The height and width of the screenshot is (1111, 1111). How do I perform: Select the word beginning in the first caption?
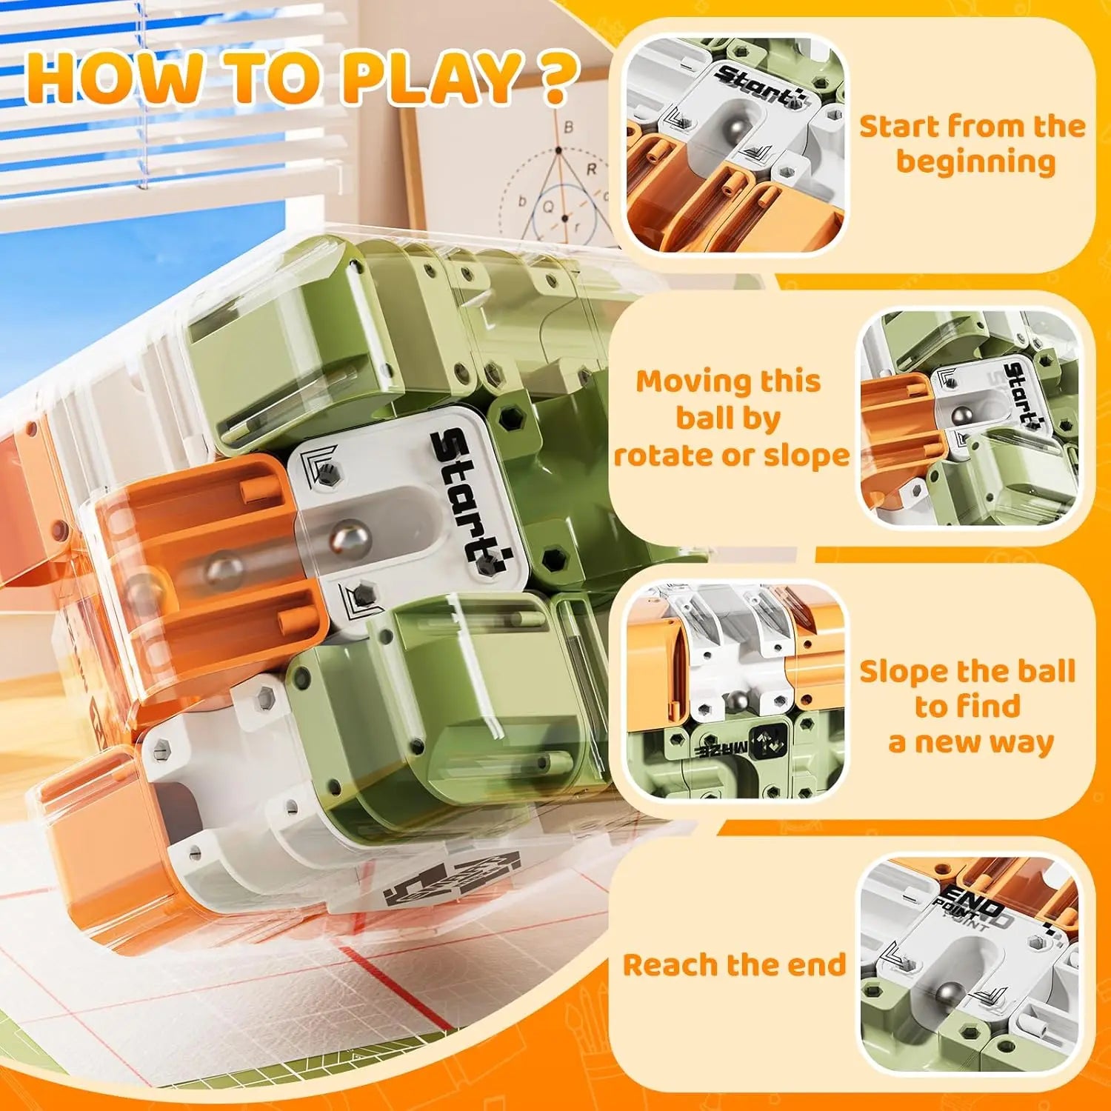click(975, 162)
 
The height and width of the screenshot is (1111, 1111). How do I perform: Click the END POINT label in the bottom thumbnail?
click(976, 910)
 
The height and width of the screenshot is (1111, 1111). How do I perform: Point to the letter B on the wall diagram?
click(568, 127)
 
